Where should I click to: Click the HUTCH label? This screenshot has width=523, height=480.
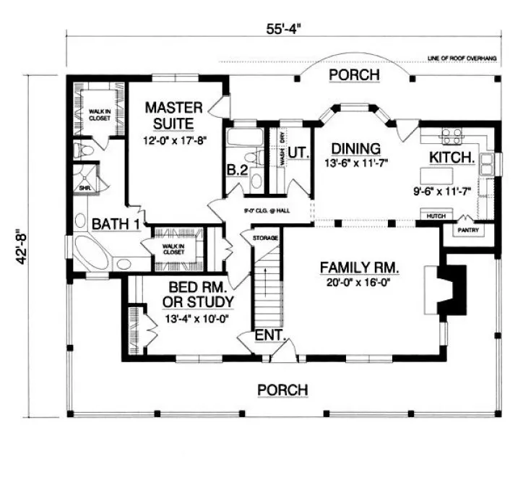coord(434,215)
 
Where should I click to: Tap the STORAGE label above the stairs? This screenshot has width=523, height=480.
coord(265,237)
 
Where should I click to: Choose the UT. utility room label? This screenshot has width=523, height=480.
coord(298,153)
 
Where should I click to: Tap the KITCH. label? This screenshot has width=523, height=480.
coord(451,157)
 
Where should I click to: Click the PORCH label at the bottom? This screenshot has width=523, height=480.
coord(283,390)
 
